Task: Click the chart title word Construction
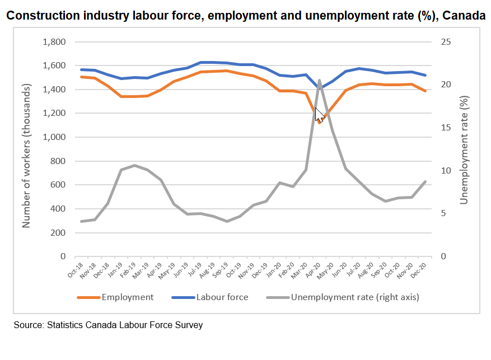click(x=43, y=15)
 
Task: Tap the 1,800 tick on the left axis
click(x=54, y=41)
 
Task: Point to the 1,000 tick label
click(x=54, y=137)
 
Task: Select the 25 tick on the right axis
click(x=446, y=41)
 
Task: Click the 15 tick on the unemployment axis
click(x=446, y=128)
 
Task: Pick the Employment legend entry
click(x=115, y=297)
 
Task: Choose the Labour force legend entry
click(x=210, y=297)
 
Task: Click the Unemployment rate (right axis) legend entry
click(x=343, y=297)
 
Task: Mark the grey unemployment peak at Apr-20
click(x=319, y=81)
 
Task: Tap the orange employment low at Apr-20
click(x=319, y=123)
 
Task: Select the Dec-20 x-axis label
click(x=419, y=270)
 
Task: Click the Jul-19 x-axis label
click(x=195, y=270)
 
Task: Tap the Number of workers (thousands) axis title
click(x=26, y=156)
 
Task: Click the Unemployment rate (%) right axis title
click(x=464, y=150)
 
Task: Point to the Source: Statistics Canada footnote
click(x=108, y=325)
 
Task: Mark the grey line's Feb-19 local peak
click(x=135, y=165)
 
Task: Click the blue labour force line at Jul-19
click(x=201, y=62)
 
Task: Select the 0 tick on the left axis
click(x=63, y=256)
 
